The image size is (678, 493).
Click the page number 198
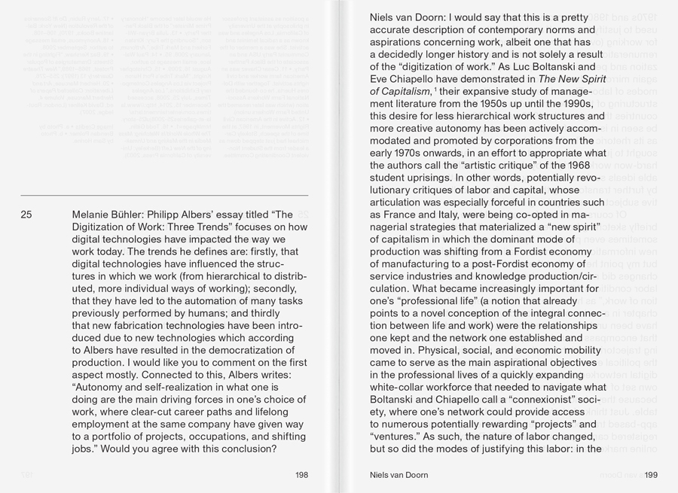tap(301, 476)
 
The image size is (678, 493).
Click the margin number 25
tap(26, 215)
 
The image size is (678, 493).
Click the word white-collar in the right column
tap(402, 387)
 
